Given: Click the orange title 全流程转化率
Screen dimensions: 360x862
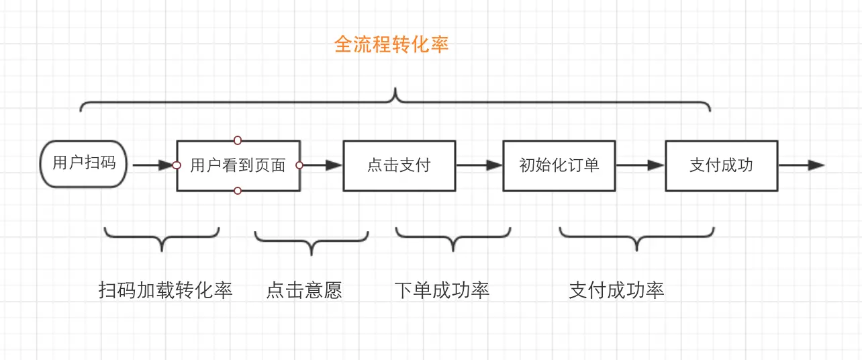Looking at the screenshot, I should coord(391,45).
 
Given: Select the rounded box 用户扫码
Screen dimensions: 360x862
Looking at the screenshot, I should coord(84,163).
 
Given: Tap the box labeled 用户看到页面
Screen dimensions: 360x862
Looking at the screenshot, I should coord(238,166).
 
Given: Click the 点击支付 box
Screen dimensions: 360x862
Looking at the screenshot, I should coord(399,165).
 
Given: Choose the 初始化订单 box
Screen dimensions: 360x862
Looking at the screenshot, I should coord(559,165).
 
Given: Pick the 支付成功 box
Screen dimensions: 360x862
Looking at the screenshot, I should coord(721,165).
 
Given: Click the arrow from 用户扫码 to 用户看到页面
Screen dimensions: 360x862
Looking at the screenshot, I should coord(153,165).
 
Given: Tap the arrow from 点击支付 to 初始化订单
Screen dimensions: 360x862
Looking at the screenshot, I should coord(479,165).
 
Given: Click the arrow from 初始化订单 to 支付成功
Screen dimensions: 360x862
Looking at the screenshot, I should coord(640,165).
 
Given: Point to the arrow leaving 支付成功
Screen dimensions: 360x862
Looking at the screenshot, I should coord(802,165).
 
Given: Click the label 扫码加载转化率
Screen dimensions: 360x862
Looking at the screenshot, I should coord(165,290).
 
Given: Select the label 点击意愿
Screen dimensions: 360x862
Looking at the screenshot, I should coord(304,290).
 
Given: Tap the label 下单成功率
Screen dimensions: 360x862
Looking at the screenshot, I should coord(442,290).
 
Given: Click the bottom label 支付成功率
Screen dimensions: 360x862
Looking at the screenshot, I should coord(616,290).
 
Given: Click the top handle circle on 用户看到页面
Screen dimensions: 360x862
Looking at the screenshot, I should coord(238,140).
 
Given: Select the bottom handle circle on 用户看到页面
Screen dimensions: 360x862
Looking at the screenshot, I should coord(238,191).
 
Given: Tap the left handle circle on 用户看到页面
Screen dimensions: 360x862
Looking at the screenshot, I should coord(177,165).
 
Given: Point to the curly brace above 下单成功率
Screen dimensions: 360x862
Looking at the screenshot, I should coord(453,238).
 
